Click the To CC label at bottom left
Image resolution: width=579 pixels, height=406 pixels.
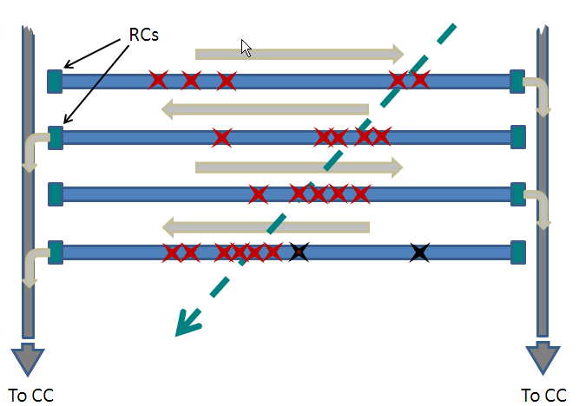click(x=30, y=395)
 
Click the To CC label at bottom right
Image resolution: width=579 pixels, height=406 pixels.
click(x=543, y=395)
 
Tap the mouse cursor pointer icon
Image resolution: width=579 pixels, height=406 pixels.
click(x=247, y=48)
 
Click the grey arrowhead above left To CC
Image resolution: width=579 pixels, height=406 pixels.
click(x=27, y=358)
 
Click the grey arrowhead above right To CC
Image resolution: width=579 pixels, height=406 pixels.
click(x=543, y=358)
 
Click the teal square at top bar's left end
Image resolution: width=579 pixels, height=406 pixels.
click(x=55, y=81)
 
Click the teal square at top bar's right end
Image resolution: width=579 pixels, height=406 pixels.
click(x=518, y=81)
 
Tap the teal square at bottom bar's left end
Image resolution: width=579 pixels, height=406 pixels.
click(x=56, y=252)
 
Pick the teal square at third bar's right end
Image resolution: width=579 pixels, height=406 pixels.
click(x=518, y=193)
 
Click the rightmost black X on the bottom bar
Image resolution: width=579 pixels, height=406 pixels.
click(x=419, y=252)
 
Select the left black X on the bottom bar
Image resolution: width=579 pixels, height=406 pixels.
click(x=299, y=252)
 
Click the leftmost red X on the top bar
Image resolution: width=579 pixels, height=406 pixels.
click(x=157, y=81)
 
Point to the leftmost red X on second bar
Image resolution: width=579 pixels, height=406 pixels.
click(x=221, y=137)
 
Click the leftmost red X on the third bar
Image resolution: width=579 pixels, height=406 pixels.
click(x=258, y=193)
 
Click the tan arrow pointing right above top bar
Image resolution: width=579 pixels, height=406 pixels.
click(x=299, y=54)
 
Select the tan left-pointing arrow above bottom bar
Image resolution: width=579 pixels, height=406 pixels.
click(x=266, y=228)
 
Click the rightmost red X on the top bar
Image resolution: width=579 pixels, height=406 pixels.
click(x=420, y=81)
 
